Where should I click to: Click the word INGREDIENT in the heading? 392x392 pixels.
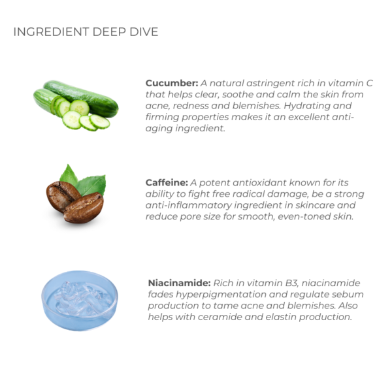[x=51, y=32]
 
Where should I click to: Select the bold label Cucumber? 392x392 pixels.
[x=172, y=83]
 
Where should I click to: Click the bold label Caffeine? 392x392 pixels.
[x=167, y=182]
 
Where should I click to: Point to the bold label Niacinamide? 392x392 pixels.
[x=179, y=283]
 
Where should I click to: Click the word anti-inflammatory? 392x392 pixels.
[x=189, y=206]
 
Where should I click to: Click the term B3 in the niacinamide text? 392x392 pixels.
[x=291, y=283]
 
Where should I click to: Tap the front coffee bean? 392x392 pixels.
[x=84, y=208]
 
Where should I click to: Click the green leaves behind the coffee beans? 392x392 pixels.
[x=84, y=180]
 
